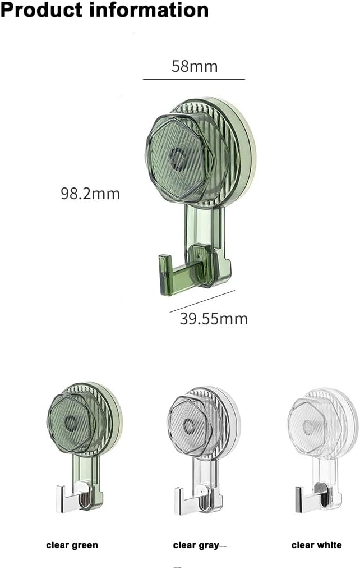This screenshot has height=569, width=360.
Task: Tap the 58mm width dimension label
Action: click(194, 67)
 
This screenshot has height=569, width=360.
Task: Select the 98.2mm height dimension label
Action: click(90, 194)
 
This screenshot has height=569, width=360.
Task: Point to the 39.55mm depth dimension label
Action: click(213, 319)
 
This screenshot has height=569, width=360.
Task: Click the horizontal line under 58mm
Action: click(194, 80)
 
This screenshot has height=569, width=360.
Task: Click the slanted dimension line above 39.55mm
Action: click(202, 301)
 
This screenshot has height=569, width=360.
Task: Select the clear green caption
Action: click(72, 545)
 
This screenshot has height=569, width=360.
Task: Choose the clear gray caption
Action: click(196, 545)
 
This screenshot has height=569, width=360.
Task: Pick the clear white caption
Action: click(316, 545)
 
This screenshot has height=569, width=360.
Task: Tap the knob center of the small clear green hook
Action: click(71, 422)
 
